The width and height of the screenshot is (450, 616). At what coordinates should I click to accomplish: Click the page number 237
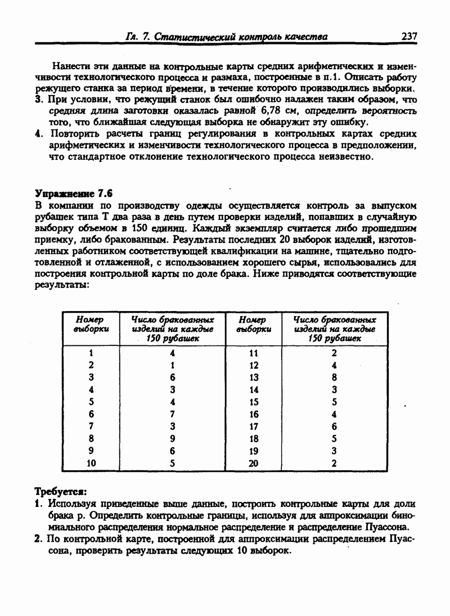pyautogui.click(x=409, y=36)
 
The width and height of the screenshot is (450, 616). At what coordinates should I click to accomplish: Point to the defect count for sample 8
pyautogui.click(x=173, y=438)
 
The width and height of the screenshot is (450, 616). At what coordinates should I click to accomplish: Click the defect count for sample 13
pyautogui.click(x=334, y=377)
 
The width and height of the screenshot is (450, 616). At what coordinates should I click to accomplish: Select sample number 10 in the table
pyautogui.click(x=91, y=463)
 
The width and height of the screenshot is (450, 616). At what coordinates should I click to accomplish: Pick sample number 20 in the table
pyautogui.click(x=253, y=463)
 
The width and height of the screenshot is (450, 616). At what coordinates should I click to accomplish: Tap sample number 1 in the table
pyautogui.click(x=91, y=353)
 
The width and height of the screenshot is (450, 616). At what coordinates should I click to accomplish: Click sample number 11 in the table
pyautogui.click(x=253, y=353)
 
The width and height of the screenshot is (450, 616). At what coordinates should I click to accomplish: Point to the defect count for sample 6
pyautogui.click(x=173, y=414)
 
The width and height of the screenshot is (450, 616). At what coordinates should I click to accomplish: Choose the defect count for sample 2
pyautogui.click(x=173, y=365)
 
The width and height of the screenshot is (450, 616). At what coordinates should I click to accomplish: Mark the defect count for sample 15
pyautogui.click(x=334, y=402)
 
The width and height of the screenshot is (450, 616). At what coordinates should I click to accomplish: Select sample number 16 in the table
pyautogui.click(x=253, y=414)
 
